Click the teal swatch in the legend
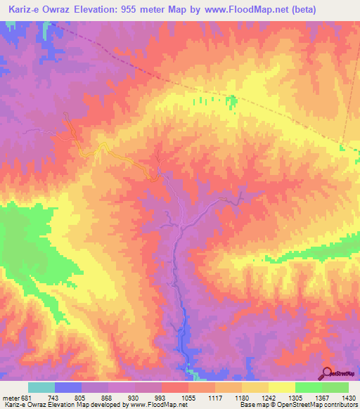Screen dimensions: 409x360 click(x=41, y=387)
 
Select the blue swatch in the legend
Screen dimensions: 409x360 click(x=68, y=387)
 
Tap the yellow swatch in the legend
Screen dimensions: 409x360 click(x=281, y=387)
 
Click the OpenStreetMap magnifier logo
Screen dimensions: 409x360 click(x=327, y=372)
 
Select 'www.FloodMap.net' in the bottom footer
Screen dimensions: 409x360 click(x=154, y=405)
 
